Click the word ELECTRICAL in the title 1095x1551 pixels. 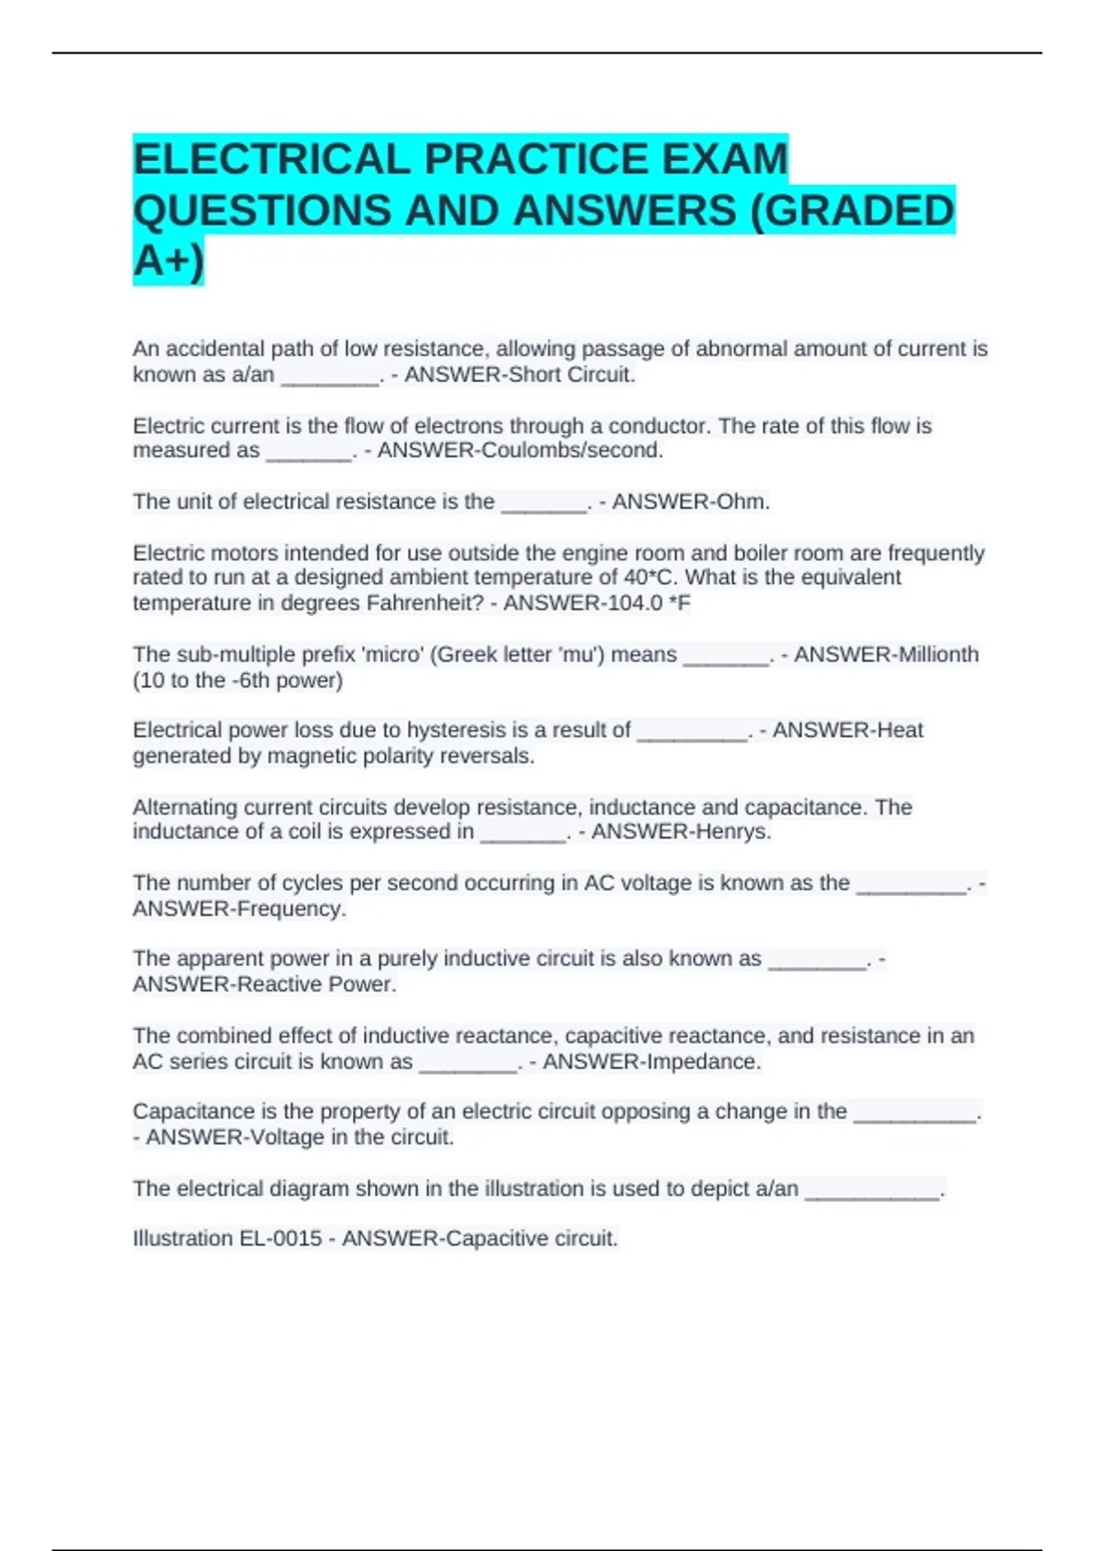coord(272,159)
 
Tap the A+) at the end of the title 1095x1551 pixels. coord(169,261)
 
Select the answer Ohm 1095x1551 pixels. coord(749,502)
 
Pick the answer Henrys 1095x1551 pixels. coord(726,832)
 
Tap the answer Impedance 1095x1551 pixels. coord(704,1062)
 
